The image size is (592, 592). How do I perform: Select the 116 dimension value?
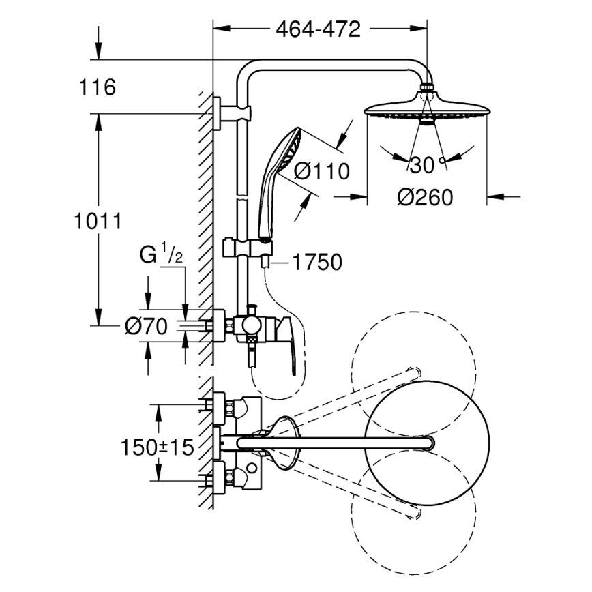pos(96,87)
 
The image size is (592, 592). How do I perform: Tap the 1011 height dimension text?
pos(98,221)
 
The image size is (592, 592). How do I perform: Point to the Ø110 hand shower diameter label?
pos(322,171)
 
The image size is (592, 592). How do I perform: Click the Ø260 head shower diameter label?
pos(425,197)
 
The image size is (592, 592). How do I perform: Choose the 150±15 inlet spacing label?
pos(158,447)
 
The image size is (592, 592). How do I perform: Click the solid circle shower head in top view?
pos(428,443)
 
